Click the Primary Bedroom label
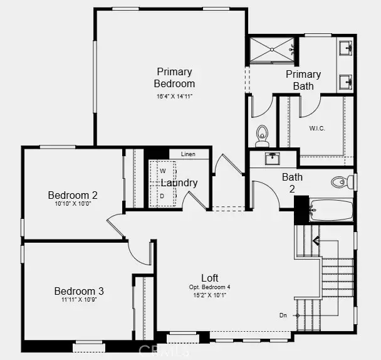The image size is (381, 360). click(x=174, y=77)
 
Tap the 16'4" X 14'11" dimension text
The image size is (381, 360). click(x=174, y=97)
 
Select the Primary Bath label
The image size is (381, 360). click(x=303, y=80)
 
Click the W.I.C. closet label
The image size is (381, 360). click(x=317, y=128)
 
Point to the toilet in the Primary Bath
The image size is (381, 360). click(x=262, y=134)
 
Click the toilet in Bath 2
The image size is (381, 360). click(x=341, y=182)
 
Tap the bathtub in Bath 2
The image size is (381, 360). click(x=331, y=209)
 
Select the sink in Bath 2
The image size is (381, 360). click(x=272, y=158)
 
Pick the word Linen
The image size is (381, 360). click(x=188, y=154)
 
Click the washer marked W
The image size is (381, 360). click(x=162, y=171)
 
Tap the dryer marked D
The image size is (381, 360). click(x=162, y=196)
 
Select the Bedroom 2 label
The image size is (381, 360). click(x=73, y=195)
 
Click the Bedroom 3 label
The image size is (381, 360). click(x=79, y=291)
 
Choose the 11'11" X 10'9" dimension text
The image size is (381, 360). click(x=79, y=301)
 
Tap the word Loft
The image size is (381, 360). click(x=210, y=278)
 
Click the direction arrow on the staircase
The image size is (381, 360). click(x=315, y=240)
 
